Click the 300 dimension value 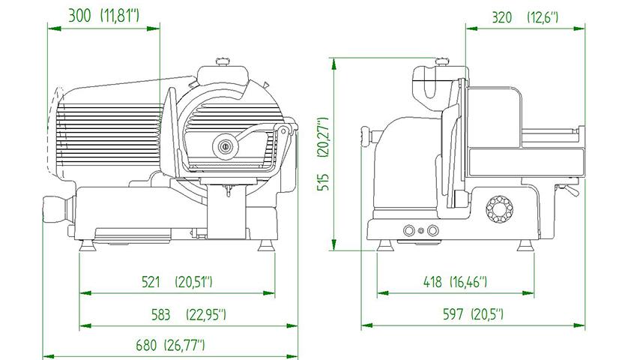pos(79,16)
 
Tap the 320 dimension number pos(501,17)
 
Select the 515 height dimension pos(324,182)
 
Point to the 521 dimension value pos(151,282)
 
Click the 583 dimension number pos(160,315)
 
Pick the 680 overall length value pos(146,345)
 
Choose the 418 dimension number pos(432,282)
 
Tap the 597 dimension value pos(453,315)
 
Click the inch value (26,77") pos(184,345)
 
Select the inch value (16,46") pos(468,282)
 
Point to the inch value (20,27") pos(324,137)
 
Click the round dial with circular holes pos(499,208)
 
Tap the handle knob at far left pos(55,209)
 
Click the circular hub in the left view pos(226,146)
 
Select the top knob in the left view pos(223,61)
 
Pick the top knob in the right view pos(442,61)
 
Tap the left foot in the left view pos(87,246)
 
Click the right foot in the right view pos(525,246)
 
